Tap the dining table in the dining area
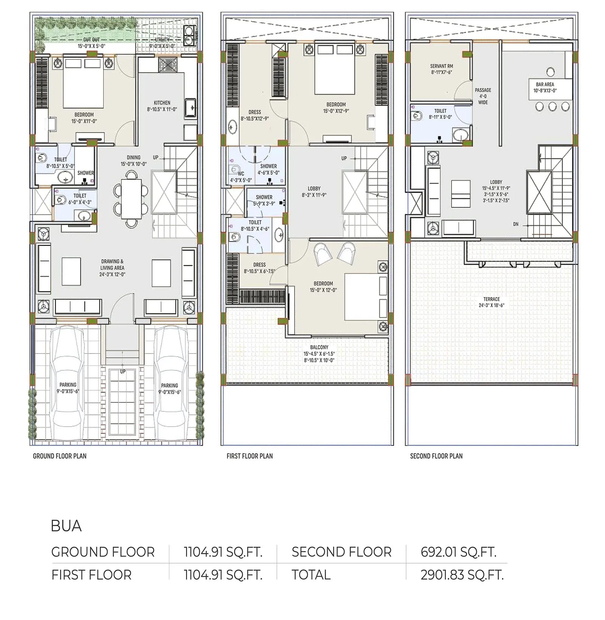131,199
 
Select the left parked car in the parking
68,382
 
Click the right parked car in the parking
169,382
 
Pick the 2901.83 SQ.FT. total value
462,575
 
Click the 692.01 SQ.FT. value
458,552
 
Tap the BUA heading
66,526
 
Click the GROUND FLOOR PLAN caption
60,456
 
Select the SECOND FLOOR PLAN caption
436,456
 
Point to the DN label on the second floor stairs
516,224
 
